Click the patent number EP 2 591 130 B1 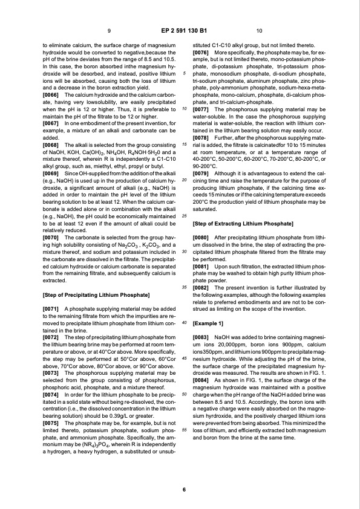[180, 30]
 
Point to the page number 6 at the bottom [180, 489]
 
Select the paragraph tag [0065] [51, 96]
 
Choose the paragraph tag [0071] [51, 308]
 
